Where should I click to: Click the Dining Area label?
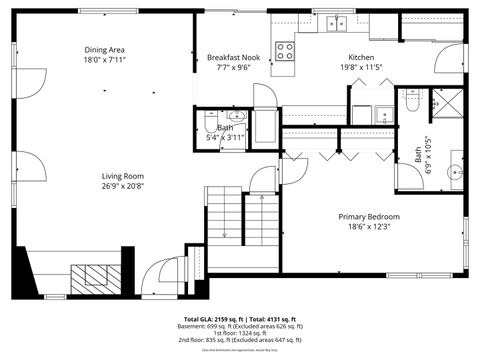[104, 49]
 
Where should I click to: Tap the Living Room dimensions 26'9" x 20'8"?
[121, 186]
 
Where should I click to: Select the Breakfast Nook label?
[235, 58]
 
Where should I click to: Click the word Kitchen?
[361, 57]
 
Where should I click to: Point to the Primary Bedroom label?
[368, 217]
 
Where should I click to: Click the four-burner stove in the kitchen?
[284, 50]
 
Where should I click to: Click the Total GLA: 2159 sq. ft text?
[213, 318]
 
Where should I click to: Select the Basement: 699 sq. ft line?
[240, 326]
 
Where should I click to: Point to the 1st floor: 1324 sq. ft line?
[240, 333]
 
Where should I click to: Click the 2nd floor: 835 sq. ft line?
[240, 341]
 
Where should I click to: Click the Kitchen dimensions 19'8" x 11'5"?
[361, 68]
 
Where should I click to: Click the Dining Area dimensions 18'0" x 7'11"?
[104, 60]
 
